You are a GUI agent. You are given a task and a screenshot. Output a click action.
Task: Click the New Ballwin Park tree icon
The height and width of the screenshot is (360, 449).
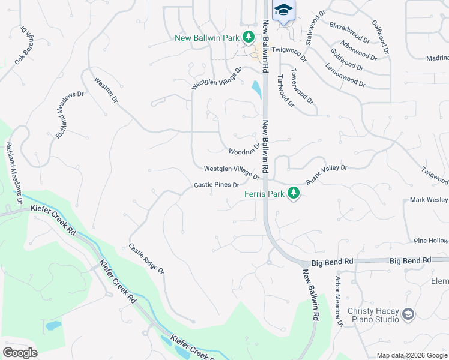247,38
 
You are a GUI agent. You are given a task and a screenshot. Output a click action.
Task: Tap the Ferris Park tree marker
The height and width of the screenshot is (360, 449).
293,193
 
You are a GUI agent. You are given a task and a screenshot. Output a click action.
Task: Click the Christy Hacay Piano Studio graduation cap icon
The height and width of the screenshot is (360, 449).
408,314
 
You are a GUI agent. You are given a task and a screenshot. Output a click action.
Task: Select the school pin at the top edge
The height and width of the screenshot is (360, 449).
283,10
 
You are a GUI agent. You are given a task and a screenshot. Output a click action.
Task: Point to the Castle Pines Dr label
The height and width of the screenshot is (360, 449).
217,185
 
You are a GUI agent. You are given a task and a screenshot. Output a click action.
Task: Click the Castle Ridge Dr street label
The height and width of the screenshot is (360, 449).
146,259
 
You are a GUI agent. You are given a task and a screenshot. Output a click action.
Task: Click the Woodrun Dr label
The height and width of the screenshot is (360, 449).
244,147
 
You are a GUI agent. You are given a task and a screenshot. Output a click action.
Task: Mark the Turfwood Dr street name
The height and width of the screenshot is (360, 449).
285,91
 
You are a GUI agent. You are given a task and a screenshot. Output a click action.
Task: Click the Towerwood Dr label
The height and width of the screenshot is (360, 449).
302,90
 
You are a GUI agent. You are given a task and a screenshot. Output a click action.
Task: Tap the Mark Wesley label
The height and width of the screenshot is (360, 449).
429,199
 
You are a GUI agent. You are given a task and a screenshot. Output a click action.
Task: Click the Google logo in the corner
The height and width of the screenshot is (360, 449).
20,352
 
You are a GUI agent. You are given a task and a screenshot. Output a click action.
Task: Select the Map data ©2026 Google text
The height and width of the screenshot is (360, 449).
411,355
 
